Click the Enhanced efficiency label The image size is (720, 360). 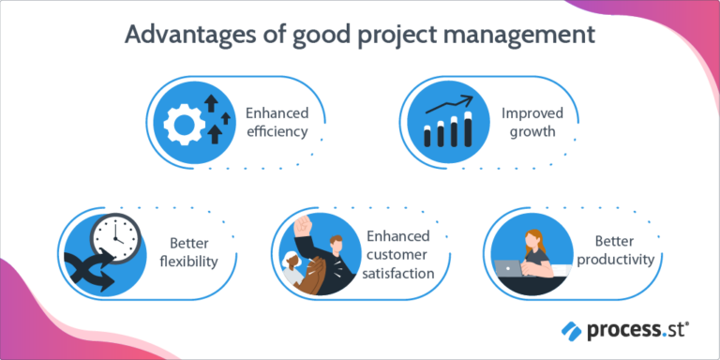point(277,122)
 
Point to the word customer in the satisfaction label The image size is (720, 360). point(399,255)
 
